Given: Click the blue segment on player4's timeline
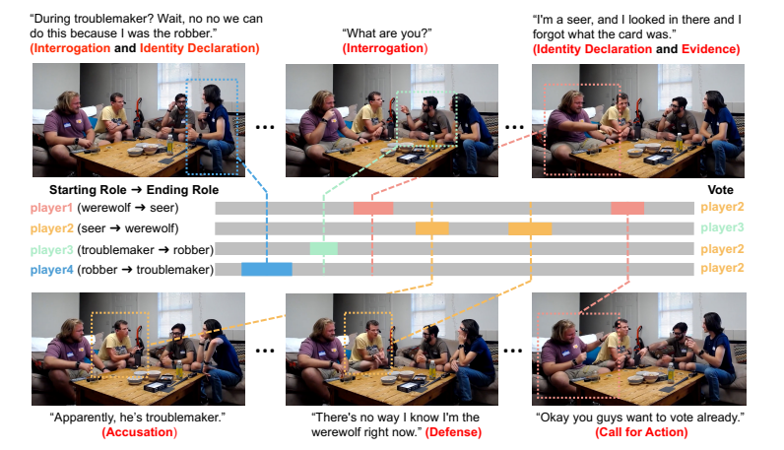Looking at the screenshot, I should [266, 269].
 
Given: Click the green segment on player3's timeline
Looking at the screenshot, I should [323, 248].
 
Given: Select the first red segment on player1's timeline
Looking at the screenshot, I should [373, 208].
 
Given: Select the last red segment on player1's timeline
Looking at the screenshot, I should [627, 208].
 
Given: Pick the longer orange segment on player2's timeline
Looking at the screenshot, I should [529, 228].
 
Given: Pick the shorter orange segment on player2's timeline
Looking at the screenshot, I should [431, 228].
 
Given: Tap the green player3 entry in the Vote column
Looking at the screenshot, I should [722, 228].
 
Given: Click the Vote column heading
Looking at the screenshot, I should [722, 189].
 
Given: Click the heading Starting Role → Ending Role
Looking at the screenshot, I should [134, 189].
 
